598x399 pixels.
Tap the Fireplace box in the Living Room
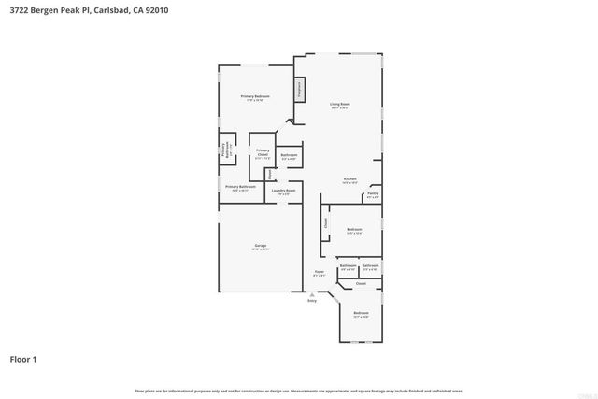click(x=300, y=90)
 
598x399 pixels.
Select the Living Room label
click(x=339, y=104)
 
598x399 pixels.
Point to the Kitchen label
click(x=349, y=178)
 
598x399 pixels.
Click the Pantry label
click(x=373, y=193)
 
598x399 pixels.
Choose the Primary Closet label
click(x=263, y=151)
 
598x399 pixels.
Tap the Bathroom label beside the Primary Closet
click(x=289, y=155)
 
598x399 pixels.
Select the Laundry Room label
click(x=283, y=191)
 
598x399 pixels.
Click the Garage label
click(x=260, y=246)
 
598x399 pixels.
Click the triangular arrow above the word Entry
click(x=312, y=293)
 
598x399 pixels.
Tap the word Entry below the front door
click(x=312, y=300)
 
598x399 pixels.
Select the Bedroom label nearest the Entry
click(x=361, y=313)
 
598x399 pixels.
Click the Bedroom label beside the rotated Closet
click(x=354, y=230)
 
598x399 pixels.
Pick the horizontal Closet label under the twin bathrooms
click(x=360, y=282)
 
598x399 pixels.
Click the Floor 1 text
click(x=23, y=359)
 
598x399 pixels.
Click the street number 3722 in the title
click(x=19, y=11)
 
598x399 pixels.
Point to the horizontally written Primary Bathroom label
click(x=241, y=187)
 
